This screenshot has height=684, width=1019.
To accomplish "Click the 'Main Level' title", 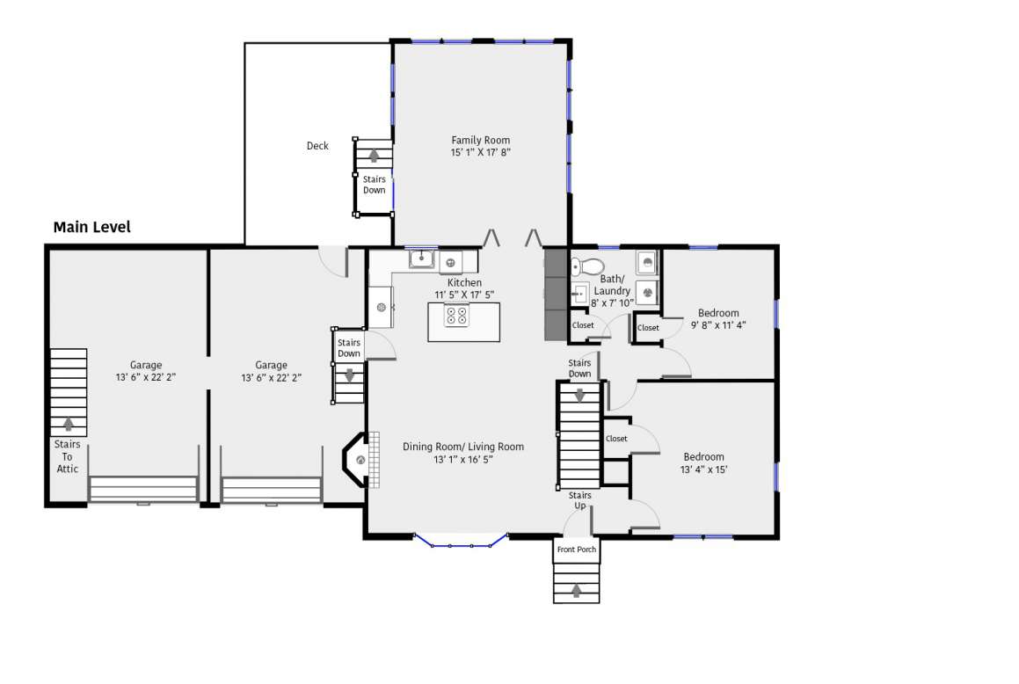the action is click(x=91, y=227).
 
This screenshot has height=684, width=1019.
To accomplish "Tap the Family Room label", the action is click(x=480, y=140).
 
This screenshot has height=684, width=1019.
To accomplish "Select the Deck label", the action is click(x=317, y=146).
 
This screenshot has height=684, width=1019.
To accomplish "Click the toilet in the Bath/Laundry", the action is click(x=586, y=266).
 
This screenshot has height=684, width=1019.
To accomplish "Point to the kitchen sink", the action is click(x=422, y=258).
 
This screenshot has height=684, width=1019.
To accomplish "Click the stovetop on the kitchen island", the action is click(x=456, y=317).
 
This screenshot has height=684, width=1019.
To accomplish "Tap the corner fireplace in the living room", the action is click(x=356, y=460).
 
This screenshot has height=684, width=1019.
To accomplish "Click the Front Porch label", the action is click(x=577, y=549).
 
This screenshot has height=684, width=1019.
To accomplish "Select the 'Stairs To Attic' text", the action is click(x=67, y=456).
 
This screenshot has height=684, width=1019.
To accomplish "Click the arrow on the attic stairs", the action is click(x=69, y=424).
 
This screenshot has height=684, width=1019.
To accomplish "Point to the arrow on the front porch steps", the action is click(x=576, y=590).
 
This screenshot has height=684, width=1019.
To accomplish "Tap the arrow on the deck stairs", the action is click(x=374, y=156).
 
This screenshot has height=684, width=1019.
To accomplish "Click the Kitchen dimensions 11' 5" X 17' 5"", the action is click(x=464, y=295).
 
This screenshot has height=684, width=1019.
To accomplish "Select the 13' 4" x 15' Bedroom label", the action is click(x=704, y=463).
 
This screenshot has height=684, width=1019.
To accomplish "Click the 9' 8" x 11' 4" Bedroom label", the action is click(x=718, y=319).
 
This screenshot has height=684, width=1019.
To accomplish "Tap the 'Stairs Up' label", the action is click(x=579, y=500).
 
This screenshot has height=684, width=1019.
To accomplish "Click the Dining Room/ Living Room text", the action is click(x=463, y=447).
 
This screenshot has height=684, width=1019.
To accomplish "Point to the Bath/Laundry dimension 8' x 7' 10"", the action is click(x=612, y=303).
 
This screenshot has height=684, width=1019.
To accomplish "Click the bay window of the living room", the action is click(x=461, y=541).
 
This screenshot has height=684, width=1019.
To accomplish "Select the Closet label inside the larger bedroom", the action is click(x=616, y=439).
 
